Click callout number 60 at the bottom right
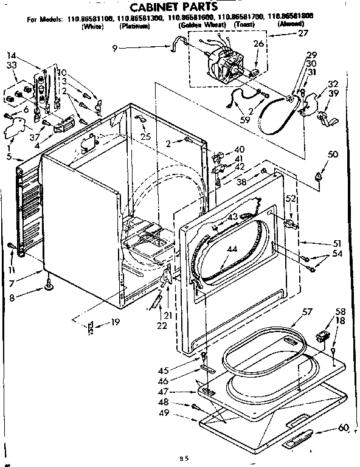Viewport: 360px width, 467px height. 343,427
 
